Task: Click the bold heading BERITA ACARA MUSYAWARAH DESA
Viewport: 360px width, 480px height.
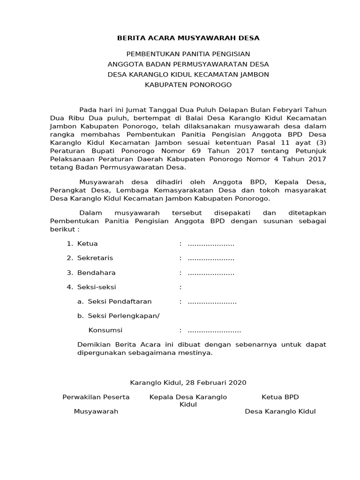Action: pos(188,37)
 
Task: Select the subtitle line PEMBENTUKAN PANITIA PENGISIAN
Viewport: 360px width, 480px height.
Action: pos(188,54)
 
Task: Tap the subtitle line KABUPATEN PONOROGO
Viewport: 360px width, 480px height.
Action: pos(188,85)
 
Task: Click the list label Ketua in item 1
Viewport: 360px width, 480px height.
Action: pos(87,244)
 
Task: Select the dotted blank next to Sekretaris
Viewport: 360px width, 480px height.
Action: pos(211,258)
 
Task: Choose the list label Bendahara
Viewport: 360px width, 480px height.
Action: pos(96,273)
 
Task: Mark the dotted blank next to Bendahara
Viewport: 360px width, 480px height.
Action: pos(211,273)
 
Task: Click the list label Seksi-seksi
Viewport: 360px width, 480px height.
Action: pos(97,287)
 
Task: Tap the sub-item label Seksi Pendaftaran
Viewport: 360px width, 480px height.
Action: pos(120,301)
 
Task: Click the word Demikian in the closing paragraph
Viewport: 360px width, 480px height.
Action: pos(93,345)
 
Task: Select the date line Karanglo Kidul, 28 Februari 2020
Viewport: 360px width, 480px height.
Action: pos(188,382)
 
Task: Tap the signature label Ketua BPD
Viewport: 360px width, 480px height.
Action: pos(280,397)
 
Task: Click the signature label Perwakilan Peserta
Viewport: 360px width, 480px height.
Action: pos(96,397)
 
